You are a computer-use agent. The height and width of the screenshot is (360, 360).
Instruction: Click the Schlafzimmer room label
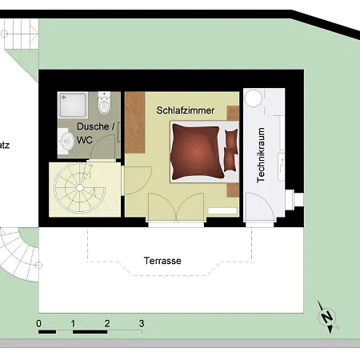pyautogui.click(x=185, y=111)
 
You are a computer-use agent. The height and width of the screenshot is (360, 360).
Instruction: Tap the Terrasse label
pyautogui.click(x=162, y=261)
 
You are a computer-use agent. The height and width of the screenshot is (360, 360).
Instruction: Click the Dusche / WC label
pyautogui.click(x=94, y=133)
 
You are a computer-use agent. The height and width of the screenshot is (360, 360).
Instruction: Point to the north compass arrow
pyautogui.click(x=326, y=316)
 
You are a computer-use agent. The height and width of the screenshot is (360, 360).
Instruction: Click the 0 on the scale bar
pyautogui.click(x=38, y=323)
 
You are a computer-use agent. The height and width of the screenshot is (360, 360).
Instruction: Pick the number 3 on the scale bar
pyautogui.click(x=142, y=323)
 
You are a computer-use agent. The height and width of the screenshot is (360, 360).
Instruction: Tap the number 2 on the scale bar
pyautogui.click(x=107, y=323)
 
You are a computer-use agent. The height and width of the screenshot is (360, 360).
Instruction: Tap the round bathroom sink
pyautogui.click(x=66, y=141)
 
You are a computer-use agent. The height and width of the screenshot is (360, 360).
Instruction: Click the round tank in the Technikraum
pyautogui.click(x=254, y=98)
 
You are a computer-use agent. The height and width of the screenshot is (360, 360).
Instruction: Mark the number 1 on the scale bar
pyautogui.click(x=73, y=323)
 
